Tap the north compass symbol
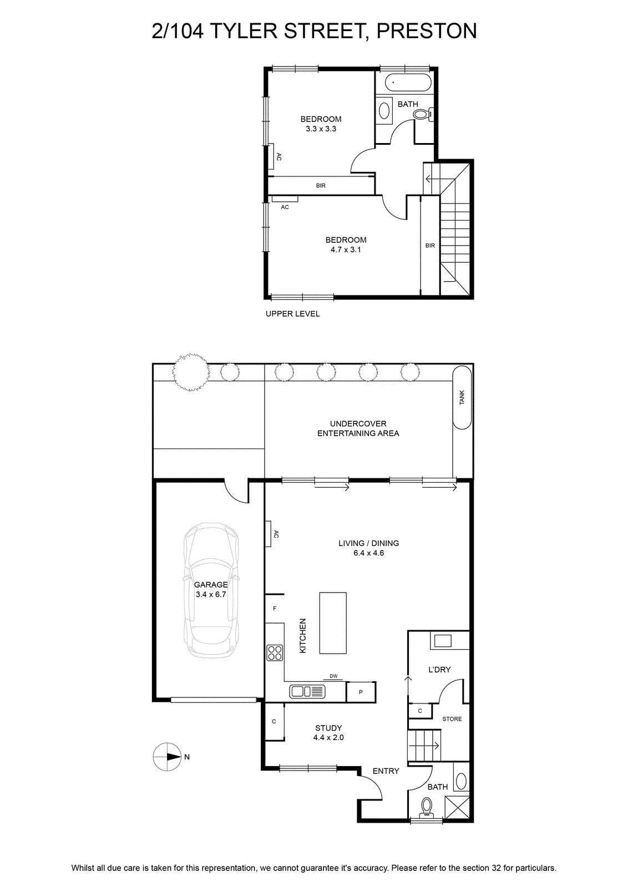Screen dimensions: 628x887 click(x=167, y=757)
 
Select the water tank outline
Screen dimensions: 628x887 click(x=462, y=397)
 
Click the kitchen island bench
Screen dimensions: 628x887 click(x=333, y=623)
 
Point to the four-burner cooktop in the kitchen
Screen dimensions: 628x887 click(x=275, y=653)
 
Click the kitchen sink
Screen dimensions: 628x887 click(x=307, y=691)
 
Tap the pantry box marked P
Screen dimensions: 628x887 click(x=361, y=692)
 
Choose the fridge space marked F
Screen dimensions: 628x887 click(x=275, y=609)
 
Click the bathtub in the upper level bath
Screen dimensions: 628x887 click(x=403, y=83)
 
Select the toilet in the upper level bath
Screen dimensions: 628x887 click(x=423, y=114)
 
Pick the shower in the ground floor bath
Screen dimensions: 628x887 click(x=457, y=807)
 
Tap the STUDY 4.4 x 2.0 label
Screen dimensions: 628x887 click(x=328, y=732)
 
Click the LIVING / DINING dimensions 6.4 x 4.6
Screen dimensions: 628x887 click(x=368, y=553)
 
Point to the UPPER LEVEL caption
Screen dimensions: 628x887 click(x=292, y=314)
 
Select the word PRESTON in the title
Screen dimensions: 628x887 click(x=426, y=31)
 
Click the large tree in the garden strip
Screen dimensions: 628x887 click(x=190, y=372)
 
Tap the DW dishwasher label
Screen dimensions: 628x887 click(x=333, y=676)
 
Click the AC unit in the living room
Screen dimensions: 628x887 click(x=269, y=534)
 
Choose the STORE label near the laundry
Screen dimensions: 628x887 click(x=452, y=718)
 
